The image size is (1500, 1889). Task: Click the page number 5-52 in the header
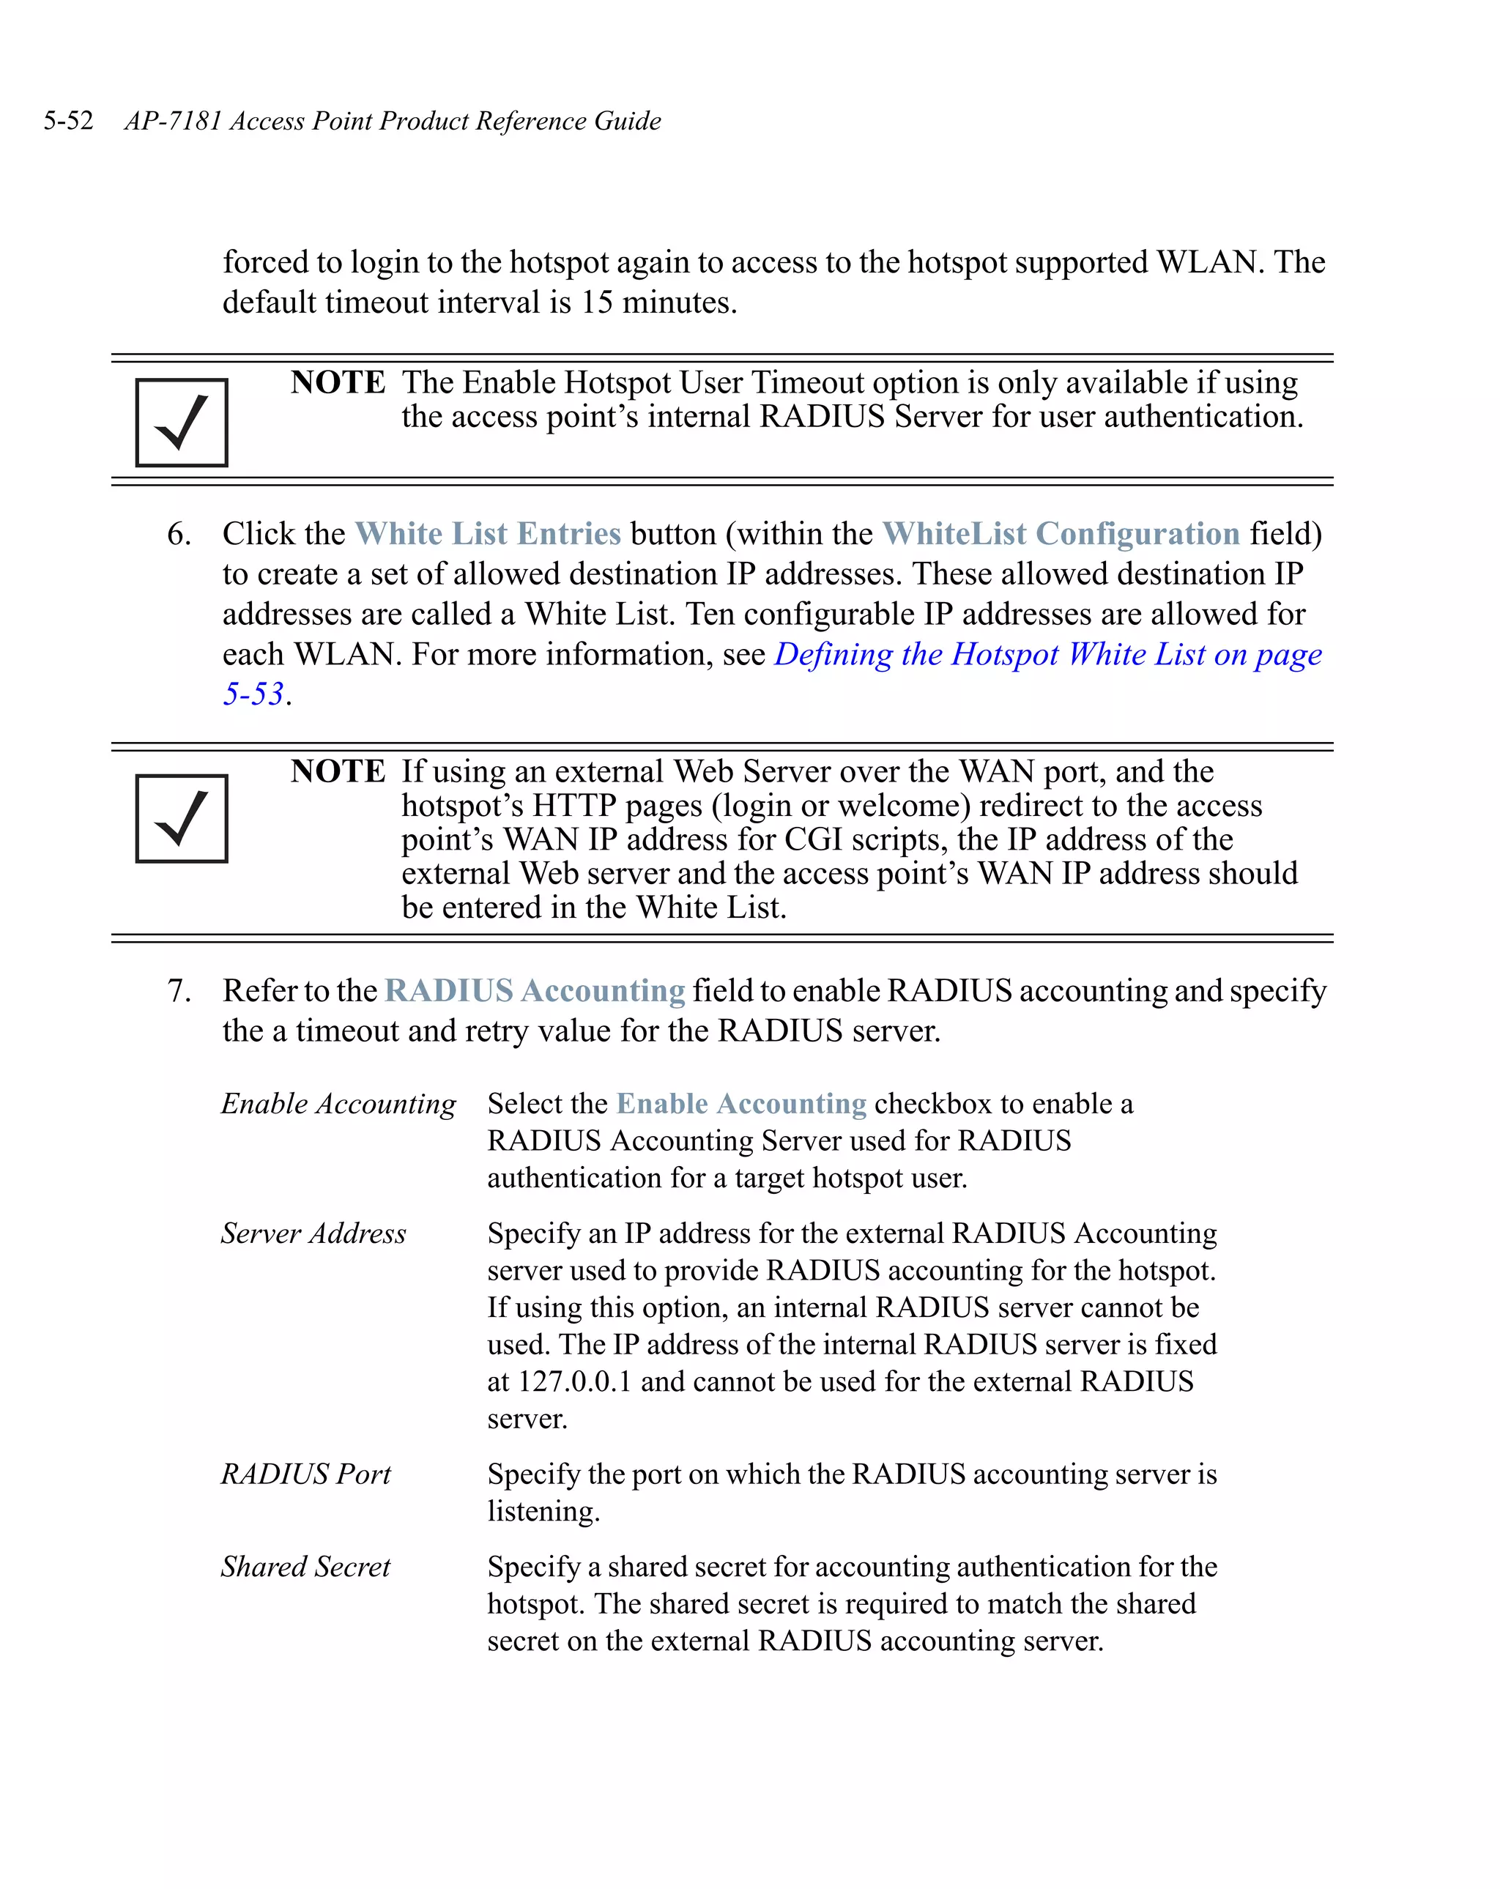tap(68, 121)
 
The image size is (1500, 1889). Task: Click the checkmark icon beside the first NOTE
tap(182, 423)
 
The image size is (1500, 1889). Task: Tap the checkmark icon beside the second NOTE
tap(182, 818)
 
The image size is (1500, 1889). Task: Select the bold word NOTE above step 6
tap(338, 382)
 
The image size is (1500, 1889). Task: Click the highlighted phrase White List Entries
tap(487, 533)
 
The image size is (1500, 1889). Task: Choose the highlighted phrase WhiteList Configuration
tap(1060, 533)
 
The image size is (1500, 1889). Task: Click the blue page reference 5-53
tap(253, 694)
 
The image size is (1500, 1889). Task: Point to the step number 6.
tap(178, 533)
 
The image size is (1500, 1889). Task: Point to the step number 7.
tap(178, 991)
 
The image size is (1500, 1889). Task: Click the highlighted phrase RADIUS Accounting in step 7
tap(535, 991)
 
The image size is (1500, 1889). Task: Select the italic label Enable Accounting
tap(338, 1104)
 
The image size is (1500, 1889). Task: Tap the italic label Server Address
tap(313, 1233)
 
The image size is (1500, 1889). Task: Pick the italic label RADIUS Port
tap(305, 1474)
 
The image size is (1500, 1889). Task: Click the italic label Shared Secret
tap(305, 1567)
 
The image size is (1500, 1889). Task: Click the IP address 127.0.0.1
tap(574, 1381)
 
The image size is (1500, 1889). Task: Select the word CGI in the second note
tap(813, 839)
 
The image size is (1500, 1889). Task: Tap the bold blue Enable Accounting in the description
tap(741, 1104)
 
